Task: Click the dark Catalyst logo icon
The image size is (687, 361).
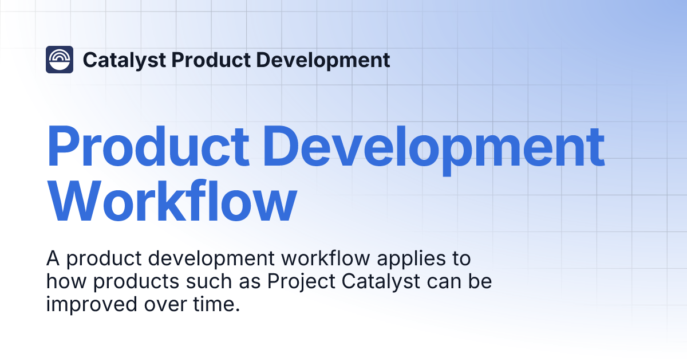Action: point(60,60)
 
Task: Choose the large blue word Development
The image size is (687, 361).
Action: point(437,146)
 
